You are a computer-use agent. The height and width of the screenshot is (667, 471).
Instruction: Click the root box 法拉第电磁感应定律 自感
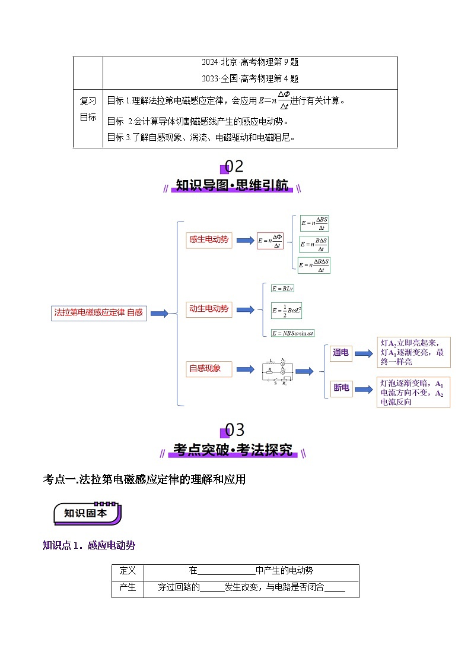(x=98, y=312)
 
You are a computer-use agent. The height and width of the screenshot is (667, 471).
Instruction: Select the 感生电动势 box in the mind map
(x=209, y=239)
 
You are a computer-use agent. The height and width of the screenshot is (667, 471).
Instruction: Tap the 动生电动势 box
(x=209, y=309)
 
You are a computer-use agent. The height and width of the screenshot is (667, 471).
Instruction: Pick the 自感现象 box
(x=209, y=369)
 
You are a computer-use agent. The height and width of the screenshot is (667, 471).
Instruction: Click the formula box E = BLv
(x=283, y=288)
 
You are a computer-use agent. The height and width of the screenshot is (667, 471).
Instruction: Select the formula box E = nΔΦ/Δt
(x=270, y=241)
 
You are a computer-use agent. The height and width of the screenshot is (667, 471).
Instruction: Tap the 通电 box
(x=341, y=353)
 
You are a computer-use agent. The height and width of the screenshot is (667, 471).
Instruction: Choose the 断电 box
(x=341, y=388)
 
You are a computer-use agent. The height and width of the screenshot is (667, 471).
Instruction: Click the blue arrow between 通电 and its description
(x=362, y=353)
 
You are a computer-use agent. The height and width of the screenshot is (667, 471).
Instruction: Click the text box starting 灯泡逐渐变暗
(x=413, y=393)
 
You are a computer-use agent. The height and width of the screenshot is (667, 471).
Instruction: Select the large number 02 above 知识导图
(x=233, y=167)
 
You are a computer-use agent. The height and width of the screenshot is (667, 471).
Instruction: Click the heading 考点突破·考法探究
(x=233, y=450)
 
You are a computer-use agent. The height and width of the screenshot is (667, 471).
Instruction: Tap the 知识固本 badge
(x=87, y=513)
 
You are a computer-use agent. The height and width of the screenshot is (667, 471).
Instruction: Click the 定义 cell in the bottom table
(x=128, y=571)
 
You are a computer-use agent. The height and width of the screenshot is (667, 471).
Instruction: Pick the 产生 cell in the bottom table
(x=128, y=587)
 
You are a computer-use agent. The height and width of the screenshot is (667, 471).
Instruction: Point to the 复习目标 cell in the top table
(x=88, y=109)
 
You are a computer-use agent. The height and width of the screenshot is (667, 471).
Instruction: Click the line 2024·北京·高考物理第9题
(x=249, y=62)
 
